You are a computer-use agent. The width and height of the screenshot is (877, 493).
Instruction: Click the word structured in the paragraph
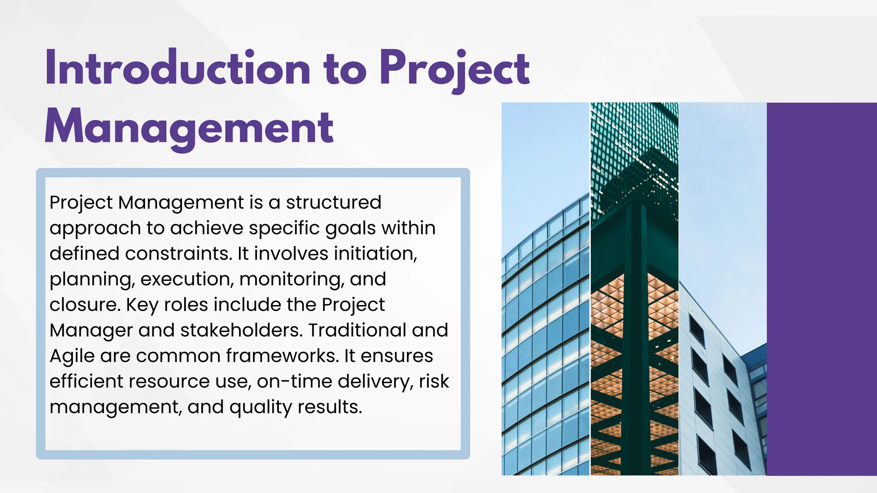click(333, 202)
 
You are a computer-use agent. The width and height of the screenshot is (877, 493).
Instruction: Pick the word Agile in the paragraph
click(72, 356)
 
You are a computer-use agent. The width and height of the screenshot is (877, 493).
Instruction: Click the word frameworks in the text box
click(283, 356)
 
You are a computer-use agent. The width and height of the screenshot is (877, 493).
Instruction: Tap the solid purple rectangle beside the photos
click(821, 289)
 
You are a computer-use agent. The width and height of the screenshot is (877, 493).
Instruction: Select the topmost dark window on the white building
click(697, 330)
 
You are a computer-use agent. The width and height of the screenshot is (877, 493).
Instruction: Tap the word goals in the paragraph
click(350, 228)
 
